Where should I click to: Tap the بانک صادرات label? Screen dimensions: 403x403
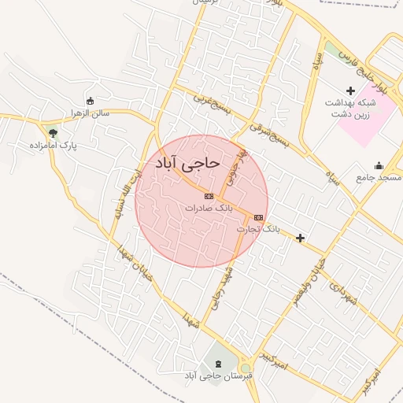click(x=210, y=208)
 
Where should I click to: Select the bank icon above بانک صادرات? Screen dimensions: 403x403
click(x=209, y=196)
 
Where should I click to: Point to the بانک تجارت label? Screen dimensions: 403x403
click(x=258, y=228)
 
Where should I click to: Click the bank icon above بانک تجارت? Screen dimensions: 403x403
click(x=259, y=216)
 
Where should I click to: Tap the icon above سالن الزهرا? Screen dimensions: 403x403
click(x=90, y=101)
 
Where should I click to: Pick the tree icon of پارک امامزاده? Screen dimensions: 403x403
click(x=53, y=134)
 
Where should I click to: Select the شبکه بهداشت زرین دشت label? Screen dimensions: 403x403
click(x=351, y=108)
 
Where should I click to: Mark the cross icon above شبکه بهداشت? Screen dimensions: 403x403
click(x=351, y=91)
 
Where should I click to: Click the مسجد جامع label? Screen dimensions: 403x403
click(x=378, y=178)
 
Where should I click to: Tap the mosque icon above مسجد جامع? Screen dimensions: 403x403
click(x=379, y=165)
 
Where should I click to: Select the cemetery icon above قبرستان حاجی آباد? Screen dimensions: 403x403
click(x=217, y=363)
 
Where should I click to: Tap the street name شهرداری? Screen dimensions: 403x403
click(x=344, y=295)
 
